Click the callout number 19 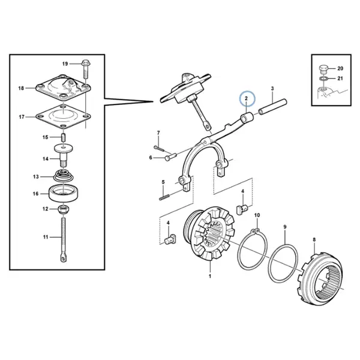coord(65,64)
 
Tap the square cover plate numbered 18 coord(64,88)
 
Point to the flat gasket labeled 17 coord(64,117)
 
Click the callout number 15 coord(46,137)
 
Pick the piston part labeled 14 coord(64,155)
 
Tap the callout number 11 coord(46,237)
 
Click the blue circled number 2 coord(247,99)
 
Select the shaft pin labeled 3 coord(273,107)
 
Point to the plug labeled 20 coord(323,69)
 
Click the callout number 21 coord(340,79)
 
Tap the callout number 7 coord(158,133)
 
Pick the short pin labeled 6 coord(170,157)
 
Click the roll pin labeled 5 coord(164,197)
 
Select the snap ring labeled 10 coord(253,250)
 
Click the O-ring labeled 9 coord(284,263)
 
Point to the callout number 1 coord(209,276)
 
